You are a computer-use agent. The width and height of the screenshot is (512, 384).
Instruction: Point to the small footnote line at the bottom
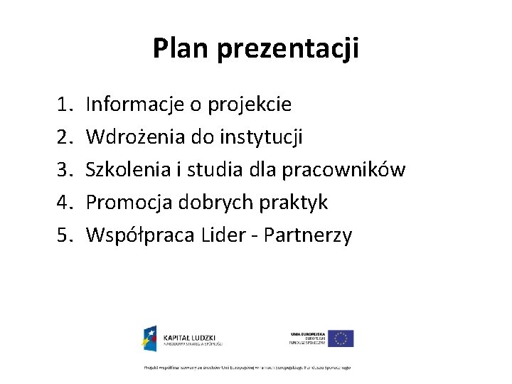coord(247,367)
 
